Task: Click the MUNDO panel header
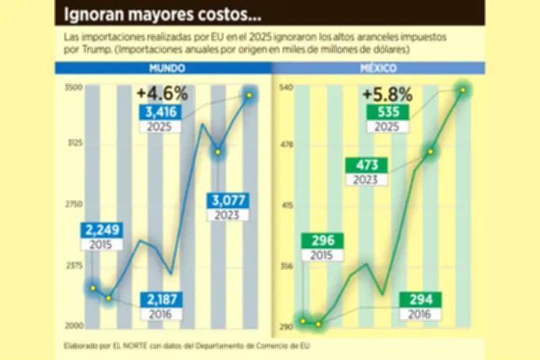pos(164,68)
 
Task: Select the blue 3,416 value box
pos(161,111)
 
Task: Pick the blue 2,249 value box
pos(103,230)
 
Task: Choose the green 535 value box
pos(387,111)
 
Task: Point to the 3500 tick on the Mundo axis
pos(74,87)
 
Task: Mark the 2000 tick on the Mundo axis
pos(74,326)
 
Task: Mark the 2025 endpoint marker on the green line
pos(463,90)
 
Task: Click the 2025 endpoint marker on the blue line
pos(249,95)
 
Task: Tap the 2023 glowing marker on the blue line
pos(217,152)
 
